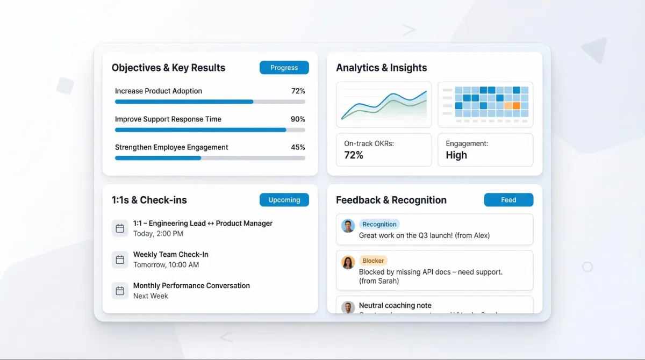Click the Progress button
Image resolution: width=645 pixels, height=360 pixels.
284,68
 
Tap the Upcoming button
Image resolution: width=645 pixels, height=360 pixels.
284,200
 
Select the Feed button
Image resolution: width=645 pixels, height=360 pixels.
508,200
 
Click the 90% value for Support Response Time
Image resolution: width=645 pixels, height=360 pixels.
298,119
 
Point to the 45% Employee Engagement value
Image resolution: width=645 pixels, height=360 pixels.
298,147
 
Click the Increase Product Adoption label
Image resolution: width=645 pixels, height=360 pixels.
159,91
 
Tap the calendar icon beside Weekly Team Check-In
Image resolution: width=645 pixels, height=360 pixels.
120,260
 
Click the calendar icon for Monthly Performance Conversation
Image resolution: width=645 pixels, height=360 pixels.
120,291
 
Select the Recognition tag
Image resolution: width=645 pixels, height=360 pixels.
379,225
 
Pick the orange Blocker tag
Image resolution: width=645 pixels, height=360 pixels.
373,261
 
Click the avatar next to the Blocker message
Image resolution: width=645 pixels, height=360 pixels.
348,262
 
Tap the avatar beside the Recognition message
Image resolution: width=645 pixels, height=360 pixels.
348,226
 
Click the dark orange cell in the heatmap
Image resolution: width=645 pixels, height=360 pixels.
517,106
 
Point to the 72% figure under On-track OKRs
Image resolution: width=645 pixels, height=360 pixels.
354,155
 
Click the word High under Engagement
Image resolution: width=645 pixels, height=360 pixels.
456,155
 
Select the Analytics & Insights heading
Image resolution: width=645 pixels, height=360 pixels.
382,68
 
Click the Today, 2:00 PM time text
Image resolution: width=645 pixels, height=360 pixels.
158,234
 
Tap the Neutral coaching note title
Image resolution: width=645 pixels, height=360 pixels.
395,306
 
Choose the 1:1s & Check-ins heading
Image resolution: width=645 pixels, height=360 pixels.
149,200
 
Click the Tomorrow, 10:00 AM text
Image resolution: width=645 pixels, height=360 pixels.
166,265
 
